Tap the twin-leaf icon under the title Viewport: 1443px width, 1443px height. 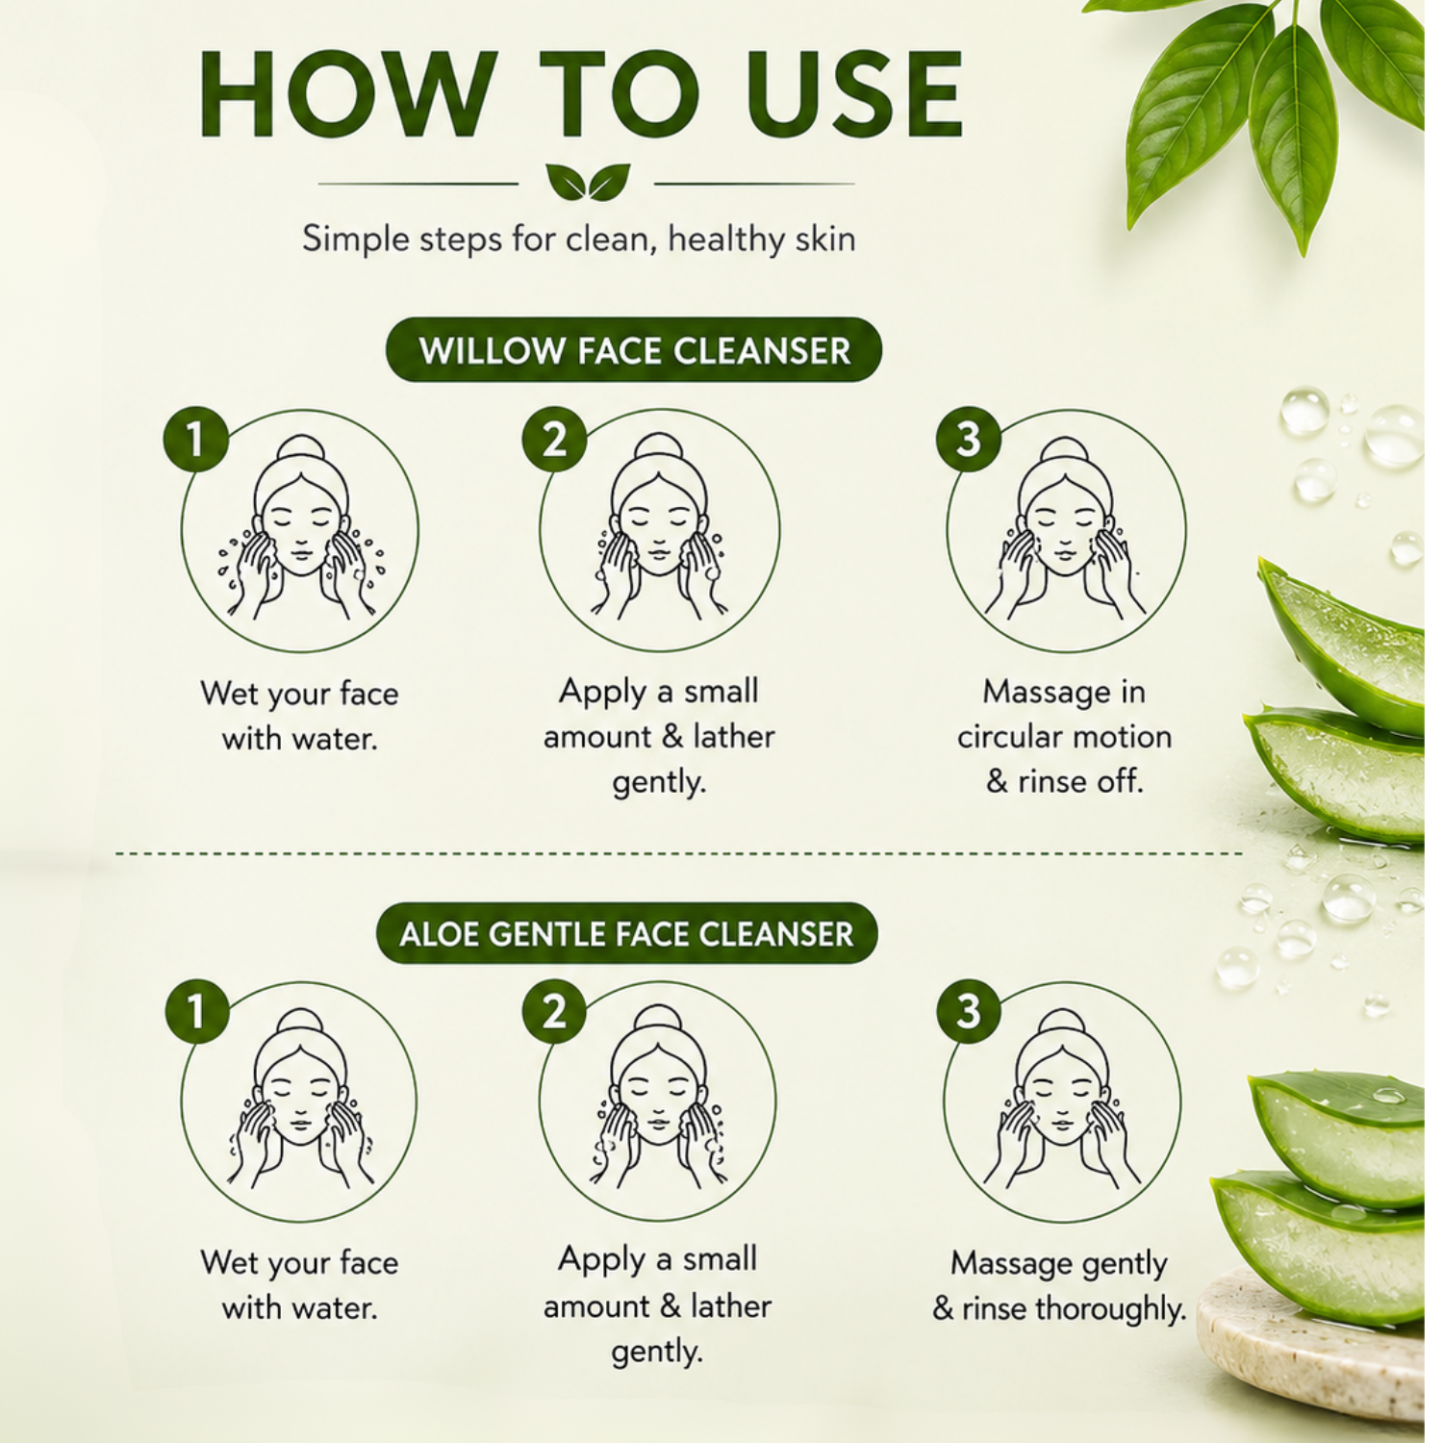point(587,182)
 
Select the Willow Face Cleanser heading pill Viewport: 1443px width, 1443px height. point(634,350)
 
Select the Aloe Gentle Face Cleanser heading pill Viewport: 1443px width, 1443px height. point(626,933)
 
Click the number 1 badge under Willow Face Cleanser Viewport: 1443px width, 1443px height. point(196,440)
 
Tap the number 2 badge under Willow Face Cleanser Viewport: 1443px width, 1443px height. point(554,440)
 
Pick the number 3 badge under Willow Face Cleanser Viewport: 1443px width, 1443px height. point(968,440)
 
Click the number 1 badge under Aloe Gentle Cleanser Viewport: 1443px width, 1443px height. point(196,1011)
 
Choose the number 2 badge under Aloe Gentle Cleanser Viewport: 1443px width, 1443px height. point(554,1011)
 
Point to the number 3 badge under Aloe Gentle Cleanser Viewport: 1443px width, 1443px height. point(968,1011)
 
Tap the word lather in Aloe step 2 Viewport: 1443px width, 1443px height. point(731,1306)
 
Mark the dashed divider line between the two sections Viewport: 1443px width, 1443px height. point(678,852)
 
